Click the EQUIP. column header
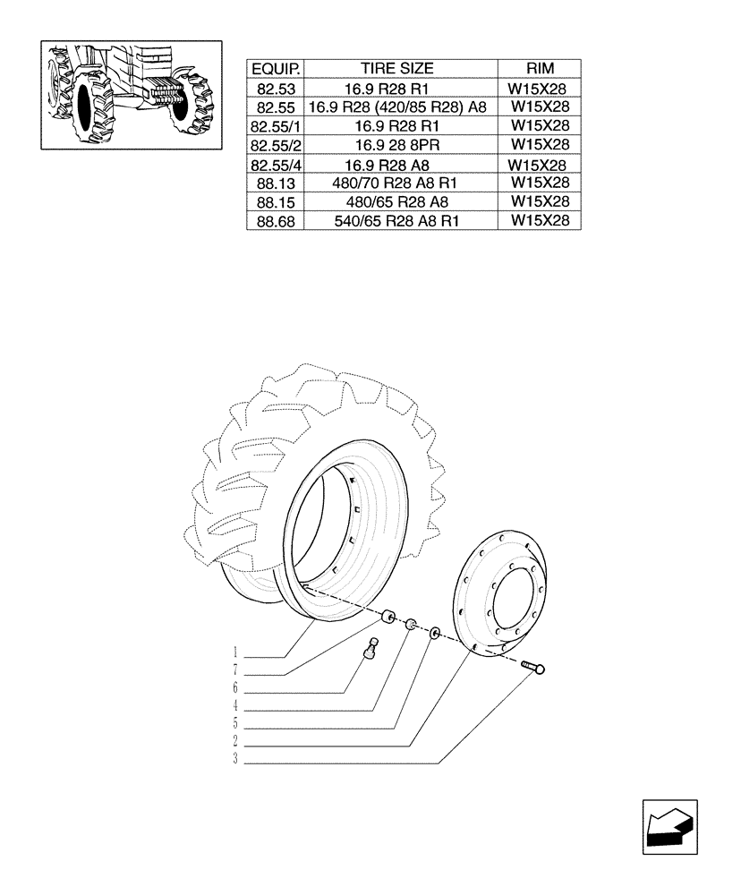276,69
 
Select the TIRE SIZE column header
396,69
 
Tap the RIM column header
540,69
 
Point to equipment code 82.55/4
276,165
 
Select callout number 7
235,670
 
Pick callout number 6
235,688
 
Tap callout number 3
235,761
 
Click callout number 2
235,742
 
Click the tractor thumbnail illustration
132,95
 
